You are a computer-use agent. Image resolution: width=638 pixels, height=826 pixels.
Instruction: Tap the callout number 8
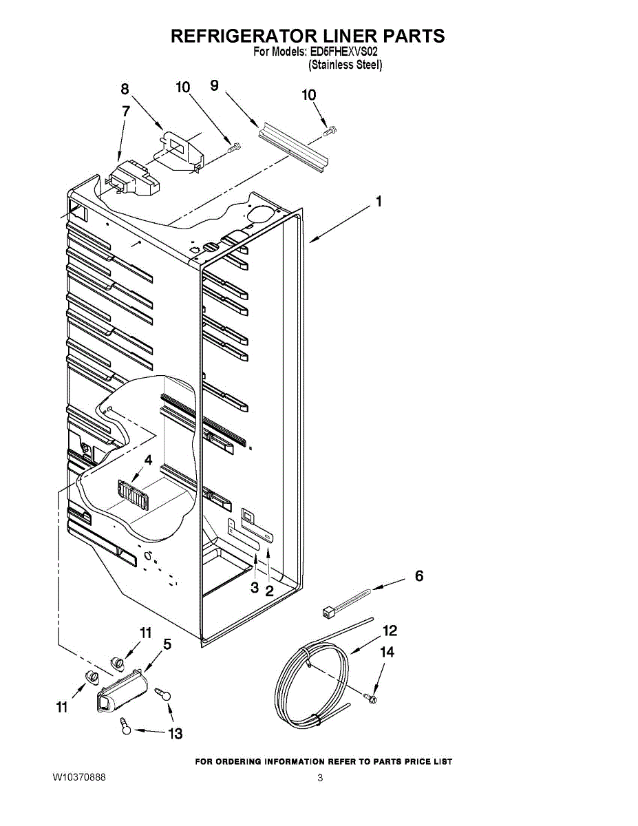tap(125, 89)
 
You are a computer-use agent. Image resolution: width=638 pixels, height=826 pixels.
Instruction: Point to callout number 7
tap(126, 110)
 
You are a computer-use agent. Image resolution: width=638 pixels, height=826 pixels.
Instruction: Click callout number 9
tap(214, 85)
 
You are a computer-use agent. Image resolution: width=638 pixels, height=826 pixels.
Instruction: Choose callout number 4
tap(148, 460)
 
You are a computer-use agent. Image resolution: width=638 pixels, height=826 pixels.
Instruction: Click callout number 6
tap(418, 576)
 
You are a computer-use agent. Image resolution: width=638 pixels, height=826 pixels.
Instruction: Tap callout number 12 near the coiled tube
tap(390, 631)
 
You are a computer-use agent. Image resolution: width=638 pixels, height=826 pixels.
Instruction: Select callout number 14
tap(388, 652)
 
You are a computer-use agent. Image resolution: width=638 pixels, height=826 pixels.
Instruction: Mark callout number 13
tap(176, 734)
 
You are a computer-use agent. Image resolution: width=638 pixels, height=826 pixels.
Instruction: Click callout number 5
tap(167, 645)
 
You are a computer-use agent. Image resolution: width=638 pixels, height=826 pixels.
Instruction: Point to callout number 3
tap(254, 588)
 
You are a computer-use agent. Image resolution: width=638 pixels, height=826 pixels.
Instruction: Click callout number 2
tap(269, 591)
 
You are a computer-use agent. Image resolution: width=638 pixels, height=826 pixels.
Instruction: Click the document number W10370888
tap(79, 777)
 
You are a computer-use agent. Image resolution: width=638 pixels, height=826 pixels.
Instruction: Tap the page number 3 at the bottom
tap(320, 779)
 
